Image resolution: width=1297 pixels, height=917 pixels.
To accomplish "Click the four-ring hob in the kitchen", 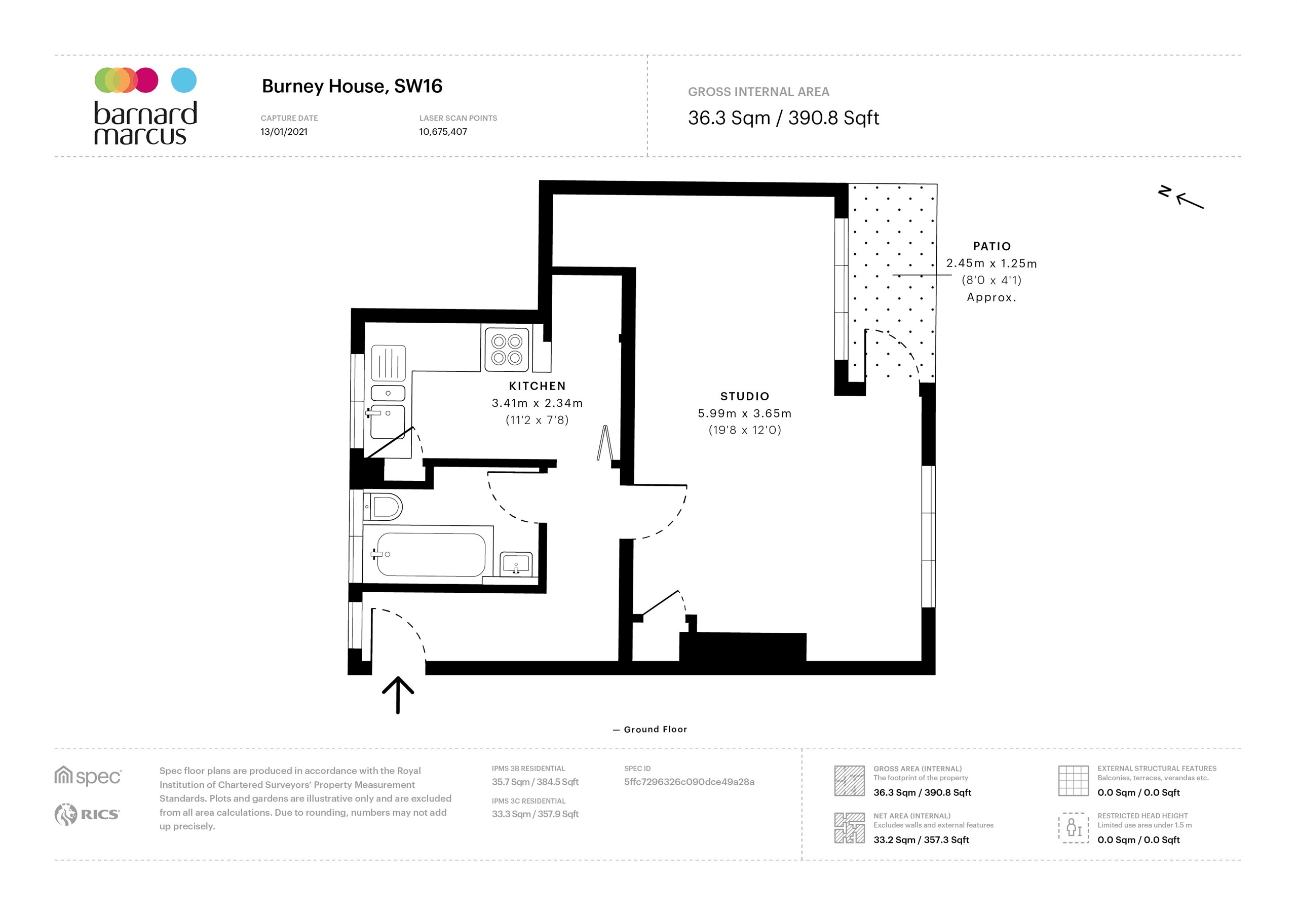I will coord(507,349).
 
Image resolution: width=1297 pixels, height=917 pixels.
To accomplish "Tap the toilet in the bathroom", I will coord(384,507).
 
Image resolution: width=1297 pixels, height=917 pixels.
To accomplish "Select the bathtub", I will coord(431,554).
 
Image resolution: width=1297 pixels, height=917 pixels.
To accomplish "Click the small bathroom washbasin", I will coord(516,563).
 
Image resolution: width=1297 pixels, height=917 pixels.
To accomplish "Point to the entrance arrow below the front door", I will coord(398,695).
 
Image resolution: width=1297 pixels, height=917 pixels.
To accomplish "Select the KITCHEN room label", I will coord(537,386).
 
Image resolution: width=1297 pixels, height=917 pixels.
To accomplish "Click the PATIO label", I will coord(991,246).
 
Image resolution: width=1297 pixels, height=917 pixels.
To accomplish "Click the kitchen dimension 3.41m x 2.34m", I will coord(537,403).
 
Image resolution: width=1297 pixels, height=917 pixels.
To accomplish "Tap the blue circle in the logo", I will coord(183,80).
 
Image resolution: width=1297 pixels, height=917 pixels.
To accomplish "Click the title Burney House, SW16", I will coord(352,86).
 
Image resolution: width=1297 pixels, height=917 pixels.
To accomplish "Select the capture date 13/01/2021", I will coord(284,132).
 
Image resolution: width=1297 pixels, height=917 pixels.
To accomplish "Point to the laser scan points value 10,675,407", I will coord(442,132).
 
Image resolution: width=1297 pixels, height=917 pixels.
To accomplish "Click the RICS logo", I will coord(87,814).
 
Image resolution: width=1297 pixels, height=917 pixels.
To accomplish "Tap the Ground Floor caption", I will coord(655,730).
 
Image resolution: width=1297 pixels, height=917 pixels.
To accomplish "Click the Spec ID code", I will coord(689,782).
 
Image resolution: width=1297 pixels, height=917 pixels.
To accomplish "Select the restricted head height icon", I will coord(1073,828).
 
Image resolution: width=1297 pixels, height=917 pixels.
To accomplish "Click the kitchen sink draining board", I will coord(389,363).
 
